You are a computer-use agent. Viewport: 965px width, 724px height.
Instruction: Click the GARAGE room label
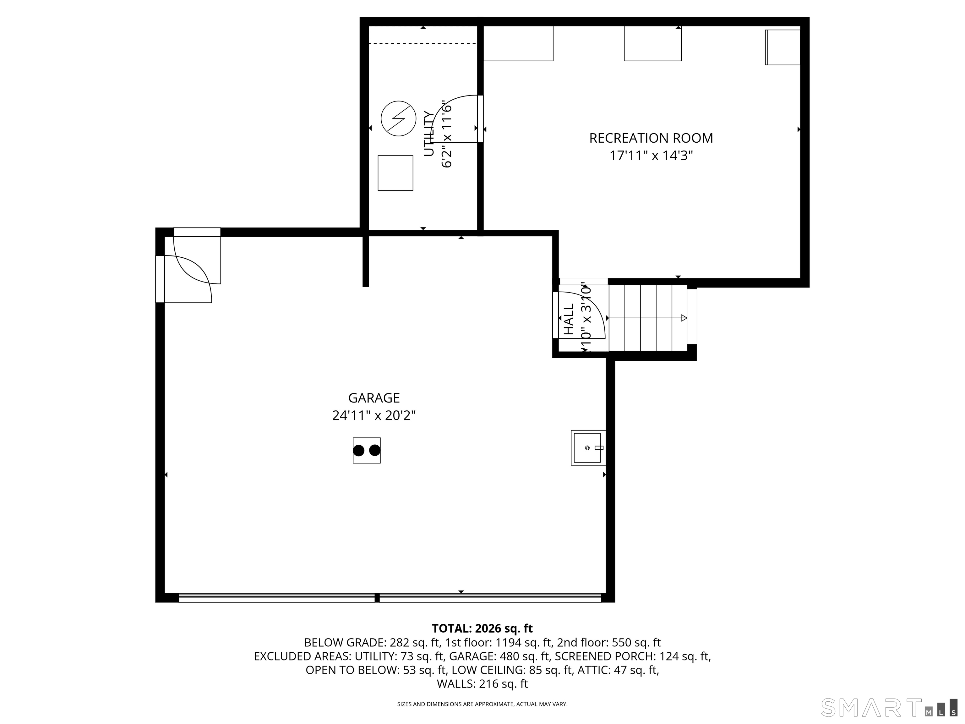(x=374, y=398)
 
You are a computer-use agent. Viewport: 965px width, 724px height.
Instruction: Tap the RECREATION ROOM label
(x=651, y=138)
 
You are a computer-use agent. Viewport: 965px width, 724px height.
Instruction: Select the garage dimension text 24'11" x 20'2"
(x=374, y=415)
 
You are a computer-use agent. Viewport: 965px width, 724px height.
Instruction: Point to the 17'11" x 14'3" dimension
(x=651, y=156)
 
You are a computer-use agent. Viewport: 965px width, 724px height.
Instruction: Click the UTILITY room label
(x=429, y=134)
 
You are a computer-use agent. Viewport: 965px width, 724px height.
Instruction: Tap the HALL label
(x=569, y=320)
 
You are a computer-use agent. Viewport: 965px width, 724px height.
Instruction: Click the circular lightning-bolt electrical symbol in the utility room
(x=398, y=119)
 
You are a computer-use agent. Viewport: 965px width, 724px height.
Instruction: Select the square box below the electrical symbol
(x=395, y=173)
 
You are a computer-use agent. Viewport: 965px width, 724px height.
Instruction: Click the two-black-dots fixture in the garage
(x=367, y=450)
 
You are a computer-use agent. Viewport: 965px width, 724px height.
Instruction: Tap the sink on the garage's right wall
(x=588, y=448)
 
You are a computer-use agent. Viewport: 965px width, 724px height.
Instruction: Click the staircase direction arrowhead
(x=684, y=318)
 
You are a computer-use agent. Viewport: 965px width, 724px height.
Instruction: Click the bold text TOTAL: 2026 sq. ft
(x=482, y=628)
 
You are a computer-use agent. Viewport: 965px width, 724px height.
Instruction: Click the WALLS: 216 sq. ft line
(x=482, y=684)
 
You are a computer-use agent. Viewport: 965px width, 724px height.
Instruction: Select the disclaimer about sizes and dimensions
(x=482, y=704)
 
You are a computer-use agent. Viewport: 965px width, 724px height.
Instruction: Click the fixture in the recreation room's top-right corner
(x=782, y=47)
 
